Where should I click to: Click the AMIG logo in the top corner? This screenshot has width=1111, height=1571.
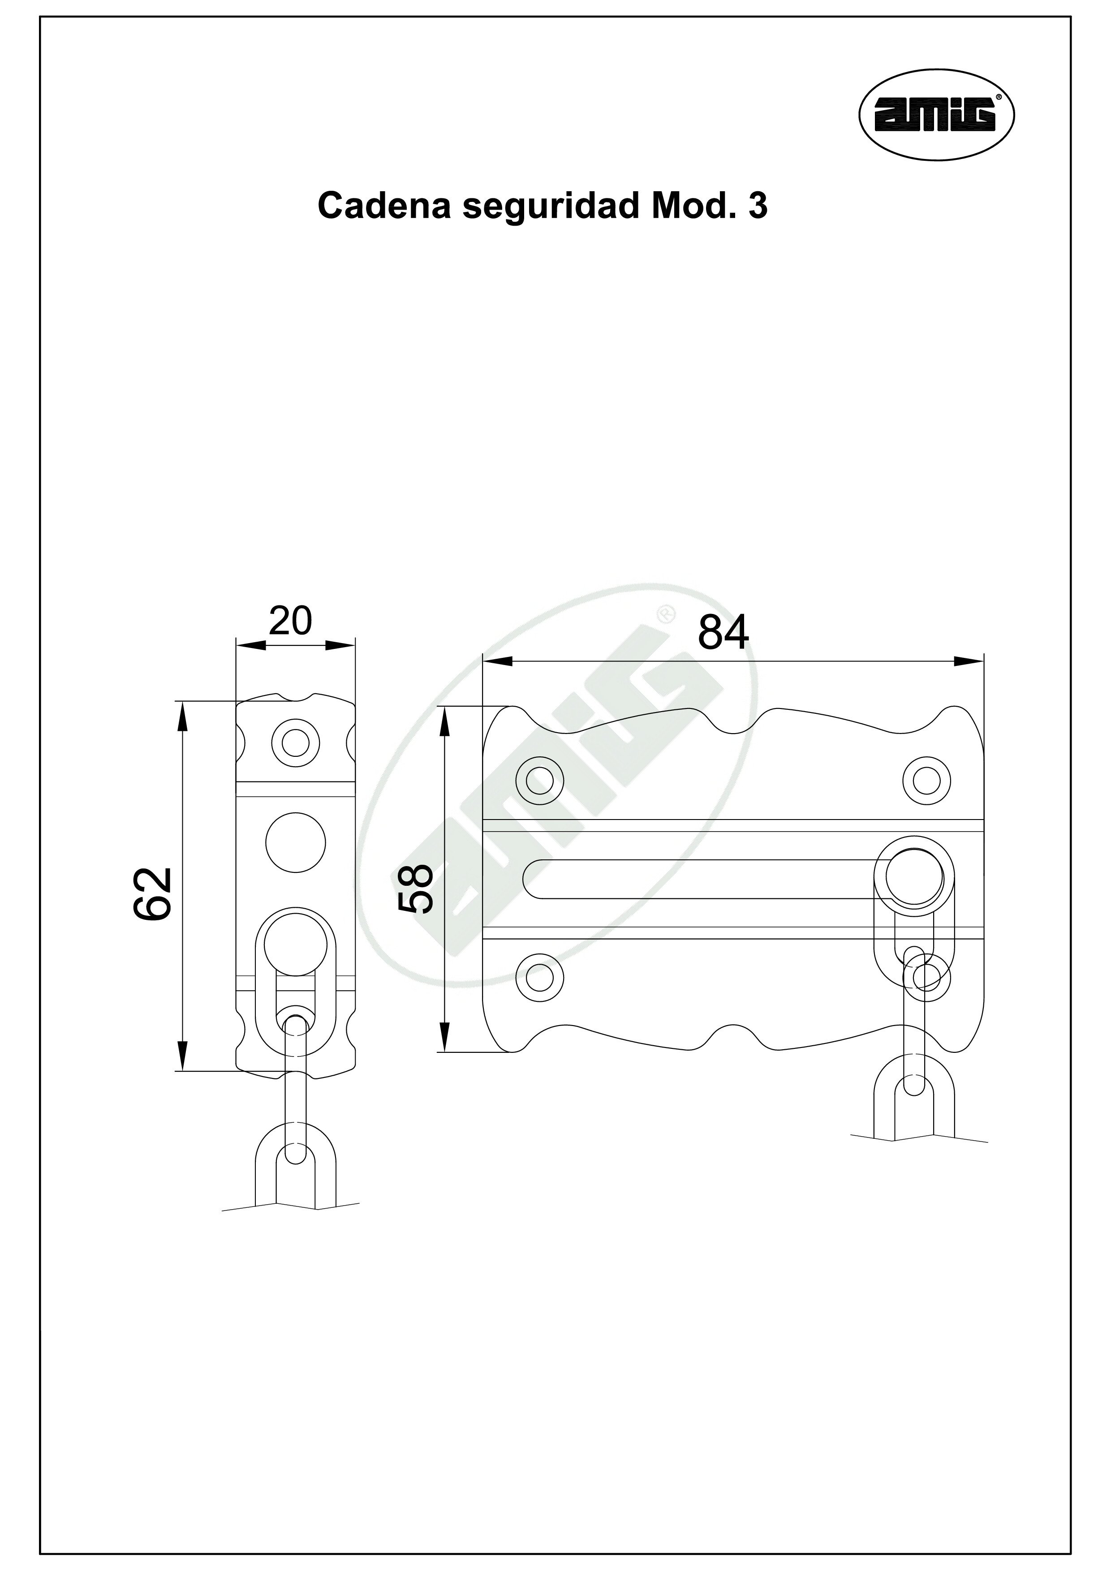(x=936, y=116)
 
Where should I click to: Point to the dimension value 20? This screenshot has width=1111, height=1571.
(x=290, y=621)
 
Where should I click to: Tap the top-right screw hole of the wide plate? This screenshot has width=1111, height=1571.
(x=927, y=779)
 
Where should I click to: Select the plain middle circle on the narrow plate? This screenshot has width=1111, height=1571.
(x=296, y=842)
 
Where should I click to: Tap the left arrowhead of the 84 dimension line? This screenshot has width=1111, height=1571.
(x=497, y=661)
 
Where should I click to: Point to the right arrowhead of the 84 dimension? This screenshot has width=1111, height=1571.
(x=969, y=661)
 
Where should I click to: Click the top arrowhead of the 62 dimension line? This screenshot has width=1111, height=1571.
(x=182, y=715)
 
